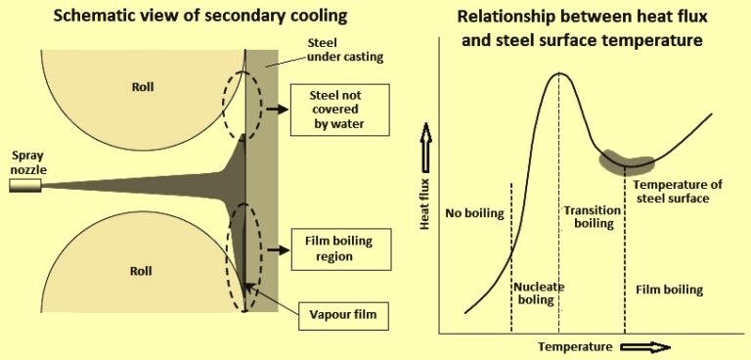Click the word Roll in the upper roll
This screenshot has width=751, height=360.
[144, 86]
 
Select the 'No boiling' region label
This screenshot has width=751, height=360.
[473, 212]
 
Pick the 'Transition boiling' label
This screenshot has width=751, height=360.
[589, 216]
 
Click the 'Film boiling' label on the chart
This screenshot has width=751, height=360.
[668, 290]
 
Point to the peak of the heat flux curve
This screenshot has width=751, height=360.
[558, 73]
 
